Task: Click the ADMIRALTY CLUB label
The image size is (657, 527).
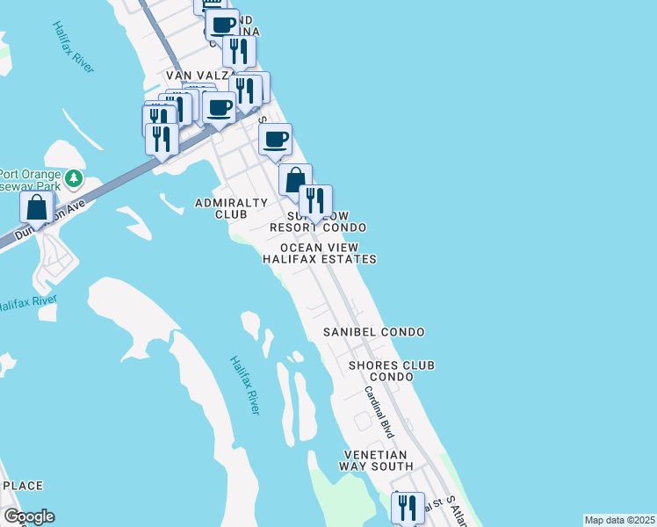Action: click(x=230, y=208)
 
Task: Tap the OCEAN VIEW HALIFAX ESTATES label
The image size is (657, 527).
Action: click(x=320, y=254)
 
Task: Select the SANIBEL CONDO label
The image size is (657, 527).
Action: click(x=373, y=332)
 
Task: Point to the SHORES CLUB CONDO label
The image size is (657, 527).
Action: click(x=392, y=371)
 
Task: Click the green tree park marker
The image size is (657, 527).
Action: click(x=75, y=178)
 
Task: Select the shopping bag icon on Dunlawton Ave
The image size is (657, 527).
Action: click(x=37, y=207)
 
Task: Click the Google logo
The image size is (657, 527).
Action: click(x=29, y=516)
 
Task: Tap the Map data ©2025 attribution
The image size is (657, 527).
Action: click(x=620, y=520)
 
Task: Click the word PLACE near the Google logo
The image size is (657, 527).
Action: click(x=23, y=486)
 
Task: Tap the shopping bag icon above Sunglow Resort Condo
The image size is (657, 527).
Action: click(x=295, y=179)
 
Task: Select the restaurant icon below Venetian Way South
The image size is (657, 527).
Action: click(x=408, y=508)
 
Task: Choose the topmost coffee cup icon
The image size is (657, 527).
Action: click(x=222, y=23)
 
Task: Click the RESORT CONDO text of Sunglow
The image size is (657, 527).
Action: click(x=317, y=227)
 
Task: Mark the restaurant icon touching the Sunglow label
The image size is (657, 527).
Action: click(x=315, y=200)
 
